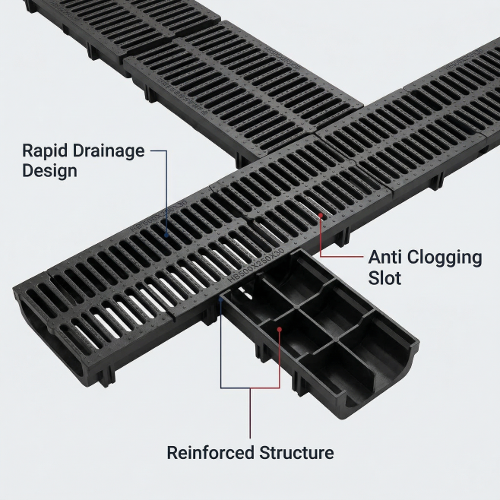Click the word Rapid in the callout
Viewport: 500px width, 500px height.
click(47, 150)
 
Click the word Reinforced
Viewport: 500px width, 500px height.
click(213, 453)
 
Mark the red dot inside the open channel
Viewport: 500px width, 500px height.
click(280, 330)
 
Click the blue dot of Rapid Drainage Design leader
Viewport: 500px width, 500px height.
click(168, 236)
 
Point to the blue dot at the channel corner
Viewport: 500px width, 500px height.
click(220, 298)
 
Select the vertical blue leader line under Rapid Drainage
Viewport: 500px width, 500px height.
click(167, 190)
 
